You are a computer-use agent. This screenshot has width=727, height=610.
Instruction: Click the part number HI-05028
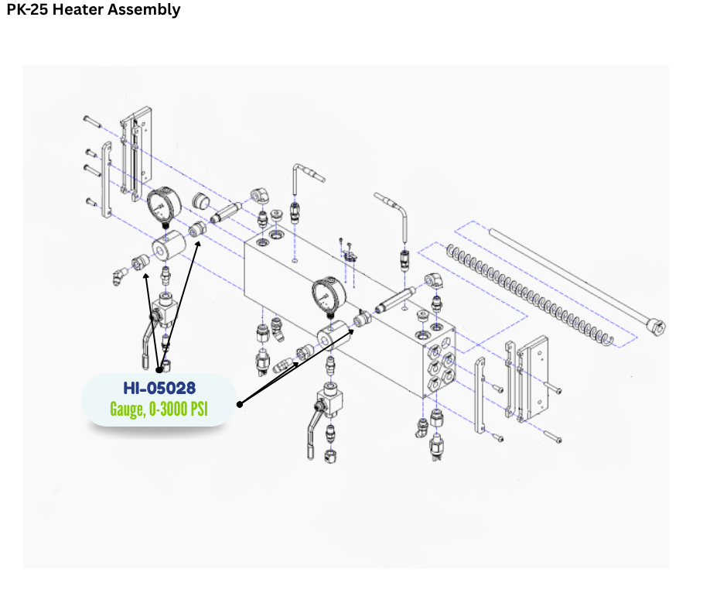coord(159,387)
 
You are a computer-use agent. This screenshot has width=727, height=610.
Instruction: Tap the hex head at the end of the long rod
coord(658,327)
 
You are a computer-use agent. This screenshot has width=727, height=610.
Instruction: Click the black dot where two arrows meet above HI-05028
coord(160,369)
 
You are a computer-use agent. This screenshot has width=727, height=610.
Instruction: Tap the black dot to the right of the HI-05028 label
coord(240,403)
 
